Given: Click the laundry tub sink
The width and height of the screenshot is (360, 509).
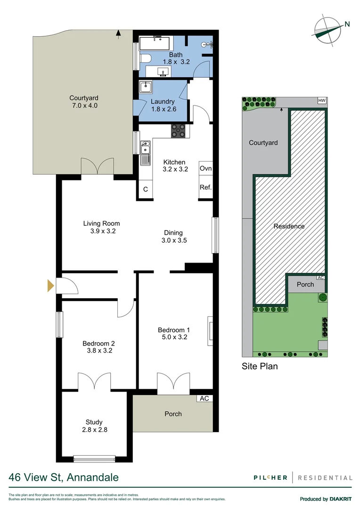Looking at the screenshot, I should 146,88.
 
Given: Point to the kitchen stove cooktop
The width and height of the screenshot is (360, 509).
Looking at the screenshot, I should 179,130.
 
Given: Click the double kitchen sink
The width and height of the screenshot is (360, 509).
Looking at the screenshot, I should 146,148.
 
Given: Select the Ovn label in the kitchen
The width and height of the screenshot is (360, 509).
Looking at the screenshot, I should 205,169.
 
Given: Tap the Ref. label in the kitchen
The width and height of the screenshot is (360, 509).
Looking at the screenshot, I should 205,187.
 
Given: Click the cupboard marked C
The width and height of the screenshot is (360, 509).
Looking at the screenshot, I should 146,189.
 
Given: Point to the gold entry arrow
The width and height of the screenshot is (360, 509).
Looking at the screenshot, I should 50,286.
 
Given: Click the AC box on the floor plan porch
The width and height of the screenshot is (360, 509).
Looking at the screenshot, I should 205,398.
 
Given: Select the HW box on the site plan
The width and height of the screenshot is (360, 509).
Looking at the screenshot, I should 322,101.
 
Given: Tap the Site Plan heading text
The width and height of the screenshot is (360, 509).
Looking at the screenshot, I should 260,366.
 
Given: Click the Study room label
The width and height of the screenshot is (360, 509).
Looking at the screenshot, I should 94,422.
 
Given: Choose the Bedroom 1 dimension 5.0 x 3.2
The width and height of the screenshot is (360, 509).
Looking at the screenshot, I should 174,338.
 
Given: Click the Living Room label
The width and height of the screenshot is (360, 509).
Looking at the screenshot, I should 101,223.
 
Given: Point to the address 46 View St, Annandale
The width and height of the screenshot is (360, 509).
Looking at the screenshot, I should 64,477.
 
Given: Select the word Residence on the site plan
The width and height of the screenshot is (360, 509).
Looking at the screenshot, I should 289,226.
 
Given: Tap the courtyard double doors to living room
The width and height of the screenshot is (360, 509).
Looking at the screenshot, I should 97,166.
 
